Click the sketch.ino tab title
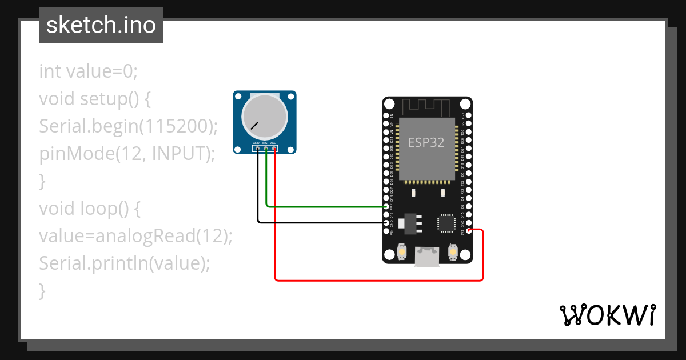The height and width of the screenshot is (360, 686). point(101,25)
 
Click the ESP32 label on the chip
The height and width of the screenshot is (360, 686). point(426,143)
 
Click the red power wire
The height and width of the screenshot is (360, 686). point(377,280)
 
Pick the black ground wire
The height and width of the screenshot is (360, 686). point(320,222)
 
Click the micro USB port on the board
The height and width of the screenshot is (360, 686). point(427,257)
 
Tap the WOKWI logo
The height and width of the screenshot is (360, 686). point(607,315)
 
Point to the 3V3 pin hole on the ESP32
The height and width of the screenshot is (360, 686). point(469,230)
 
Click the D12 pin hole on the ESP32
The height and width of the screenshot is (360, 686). point(388,206)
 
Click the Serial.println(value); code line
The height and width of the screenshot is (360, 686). point(125,263)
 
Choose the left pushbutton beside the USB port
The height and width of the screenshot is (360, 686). point(402,252)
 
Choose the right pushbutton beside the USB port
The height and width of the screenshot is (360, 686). point(453,252)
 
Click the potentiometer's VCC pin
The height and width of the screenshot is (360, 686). point(274,149)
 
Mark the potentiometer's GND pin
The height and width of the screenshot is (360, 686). point(257,149)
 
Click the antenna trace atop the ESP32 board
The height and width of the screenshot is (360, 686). point(426,106)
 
